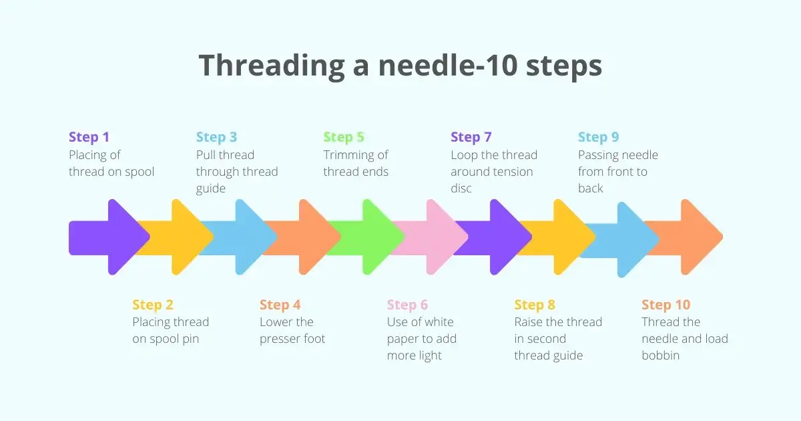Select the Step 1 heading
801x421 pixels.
click(89, 137)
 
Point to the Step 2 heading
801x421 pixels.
click(153, 305)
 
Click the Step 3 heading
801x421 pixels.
click(216, 137)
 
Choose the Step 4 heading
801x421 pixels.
click(280, 305)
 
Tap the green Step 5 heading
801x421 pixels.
click(344, 137)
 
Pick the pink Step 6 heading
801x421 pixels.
click(407, 305)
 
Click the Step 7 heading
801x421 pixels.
click(471, 137)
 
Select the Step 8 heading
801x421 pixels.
click(535, 305)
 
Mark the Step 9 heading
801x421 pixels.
click(598, 137)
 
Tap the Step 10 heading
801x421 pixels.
click(665, 305)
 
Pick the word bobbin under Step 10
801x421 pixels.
click(661, 356)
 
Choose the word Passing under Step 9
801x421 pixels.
click(599, 155)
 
